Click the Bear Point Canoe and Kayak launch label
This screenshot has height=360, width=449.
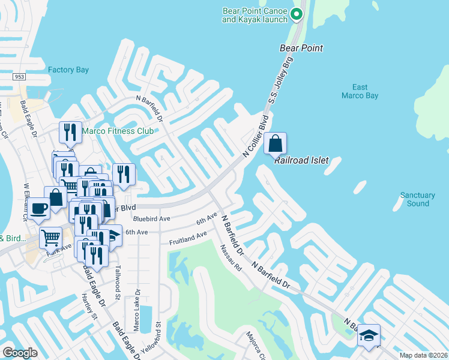255,15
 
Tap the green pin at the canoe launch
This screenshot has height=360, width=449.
296,14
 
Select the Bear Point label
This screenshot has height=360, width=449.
301,48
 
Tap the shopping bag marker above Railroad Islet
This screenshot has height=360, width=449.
275,144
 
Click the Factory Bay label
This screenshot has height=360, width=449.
68,70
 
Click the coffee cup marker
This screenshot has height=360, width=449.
39,209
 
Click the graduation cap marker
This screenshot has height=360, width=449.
369,335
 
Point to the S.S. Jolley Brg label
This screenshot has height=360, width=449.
280,83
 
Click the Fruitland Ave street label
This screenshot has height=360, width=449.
188,238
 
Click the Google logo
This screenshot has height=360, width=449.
20,353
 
